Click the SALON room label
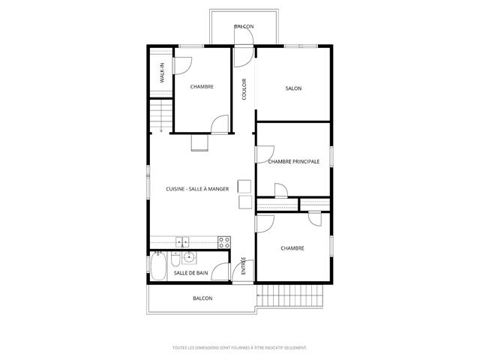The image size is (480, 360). click(293, 88)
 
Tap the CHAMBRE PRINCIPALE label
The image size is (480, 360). click(293, 161)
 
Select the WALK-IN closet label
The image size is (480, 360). click(162, 73)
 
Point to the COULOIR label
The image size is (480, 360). click(244, 89)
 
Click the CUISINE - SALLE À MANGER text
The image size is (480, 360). click(197, 189)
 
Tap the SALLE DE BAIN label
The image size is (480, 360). click(190, 273)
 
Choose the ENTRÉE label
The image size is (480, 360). click(243, 265)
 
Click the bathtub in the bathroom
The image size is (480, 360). click(158, 266)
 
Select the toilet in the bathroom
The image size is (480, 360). click(175, 259)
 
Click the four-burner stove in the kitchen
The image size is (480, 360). click(224, 242)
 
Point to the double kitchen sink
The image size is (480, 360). click(182, 242)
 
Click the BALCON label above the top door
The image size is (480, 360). click(244, 26)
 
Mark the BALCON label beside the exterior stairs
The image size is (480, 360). click(202, 298)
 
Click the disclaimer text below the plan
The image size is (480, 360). click(240, 348)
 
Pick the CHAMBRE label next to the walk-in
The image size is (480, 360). click(202, 87)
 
